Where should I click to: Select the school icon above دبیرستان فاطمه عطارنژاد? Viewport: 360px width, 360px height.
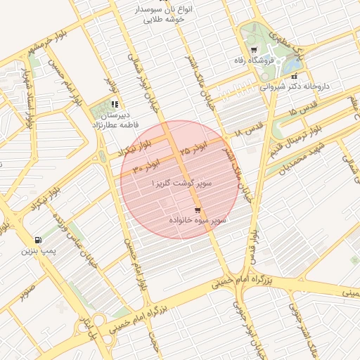click(x=115, y=104)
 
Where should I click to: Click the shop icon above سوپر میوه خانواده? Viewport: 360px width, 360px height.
click(x=197, y=210)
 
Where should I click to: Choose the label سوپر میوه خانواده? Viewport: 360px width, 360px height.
click(x=198, y=221)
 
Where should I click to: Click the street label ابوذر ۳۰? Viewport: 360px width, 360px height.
click(x=147, y=167)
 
